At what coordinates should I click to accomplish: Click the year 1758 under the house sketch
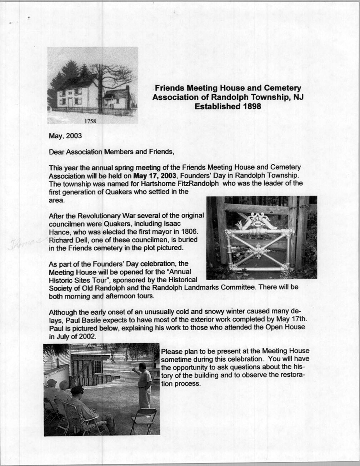(x=90, y=121)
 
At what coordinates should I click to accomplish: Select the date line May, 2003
(x=65, y=136)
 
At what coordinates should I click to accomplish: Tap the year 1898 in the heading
(x=249, y=106)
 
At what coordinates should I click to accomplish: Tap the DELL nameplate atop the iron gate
(x=258, y=221)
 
